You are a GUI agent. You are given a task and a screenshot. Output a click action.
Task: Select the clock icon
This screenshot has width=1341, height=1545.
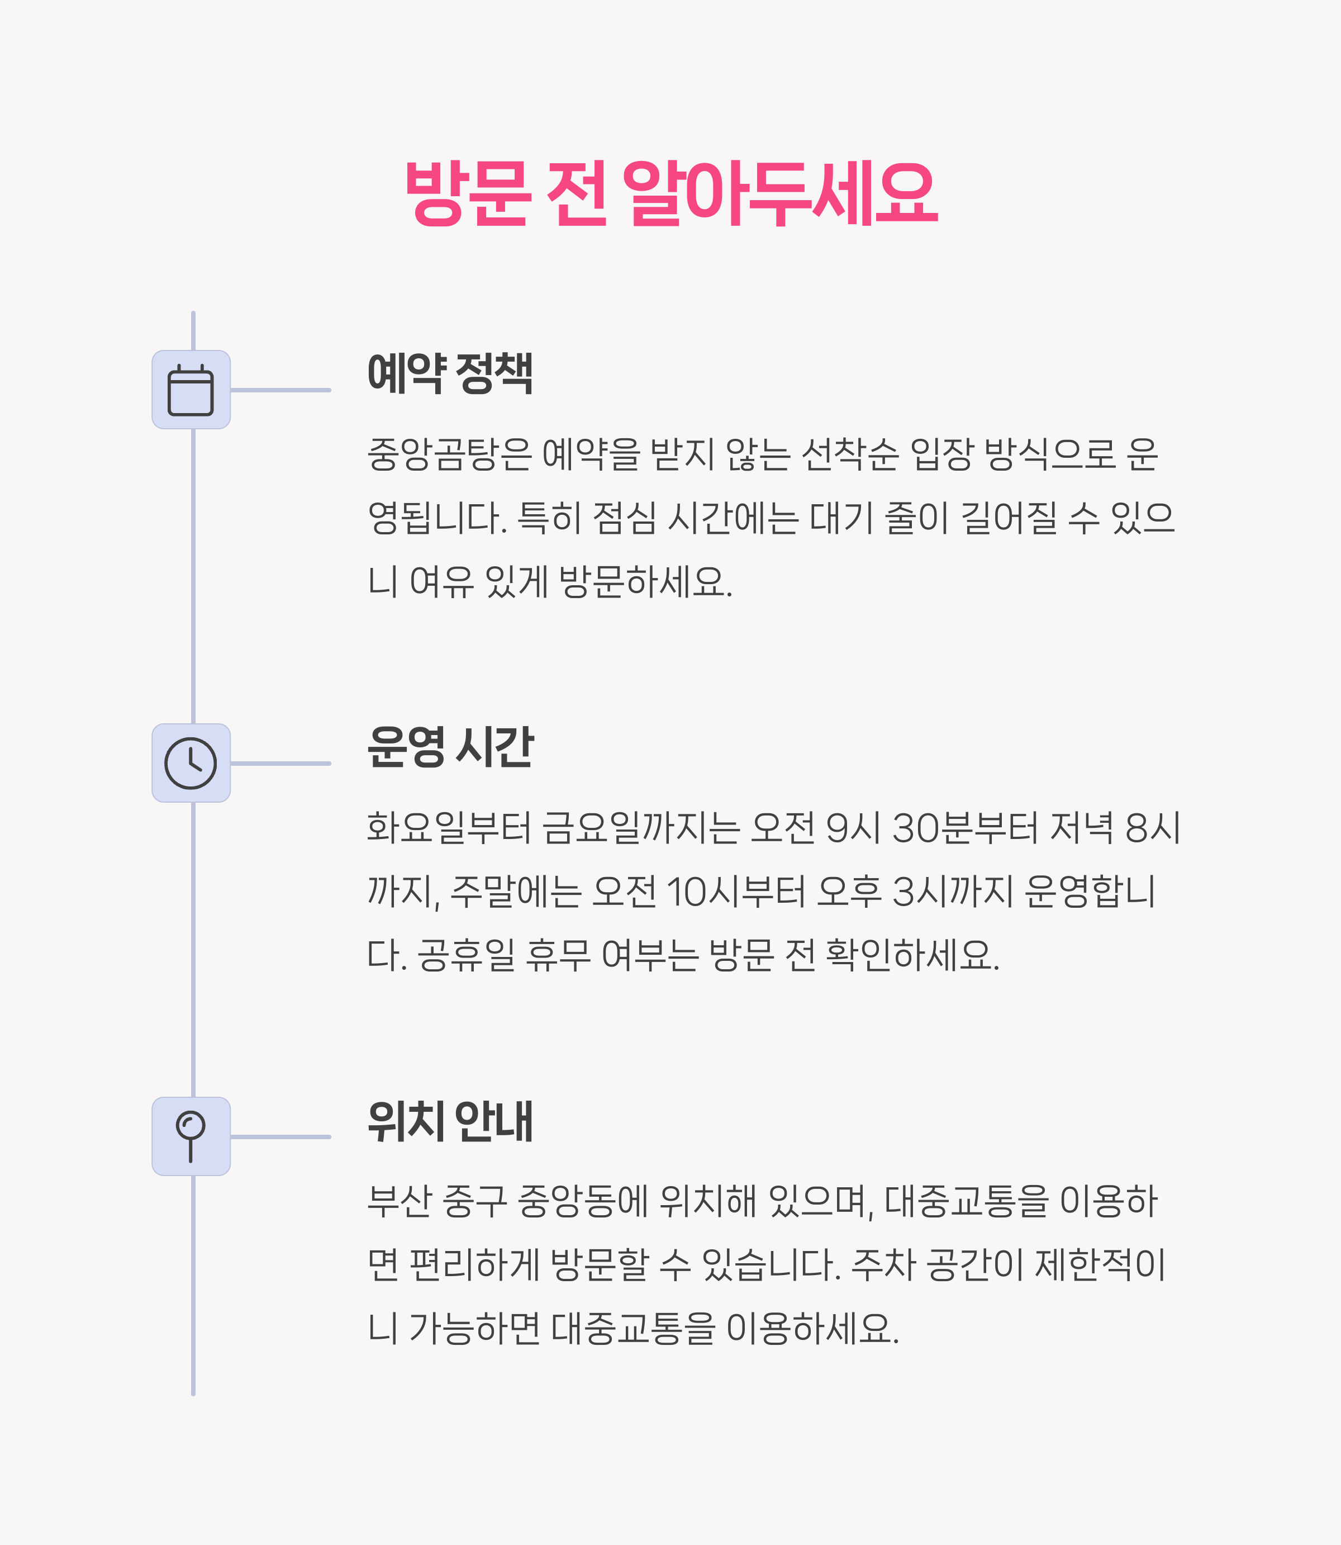click(x=191, y=764)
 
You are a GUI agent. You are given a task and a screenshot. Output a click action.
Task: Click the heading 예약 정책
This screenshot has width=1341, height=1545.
click(x=450, y=373)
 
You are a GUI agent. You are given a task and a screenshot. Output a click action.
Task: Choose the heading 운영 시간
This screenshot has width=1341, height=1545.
click(x=450, y=746)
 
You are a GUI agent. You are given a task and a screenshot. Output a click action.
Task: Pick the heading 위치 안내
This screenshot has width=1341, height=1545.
click(x=450, y=1121)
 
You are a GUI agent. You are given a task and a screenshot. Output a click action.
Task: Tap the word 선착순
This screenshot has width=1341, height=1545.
click(x=849, y=454)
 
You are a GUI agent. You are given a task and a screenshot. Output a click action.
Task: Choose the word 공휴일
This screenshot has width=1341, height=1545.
click(x=465, y=955)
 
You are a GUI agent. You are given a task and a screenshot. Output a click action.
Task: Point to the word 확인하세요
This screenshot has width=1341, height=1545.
click(x=912, y=955)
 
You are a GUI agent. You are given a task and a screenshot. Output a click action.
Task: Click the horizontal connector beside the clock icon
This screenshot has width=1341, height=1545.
click(x=280, y=764)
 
